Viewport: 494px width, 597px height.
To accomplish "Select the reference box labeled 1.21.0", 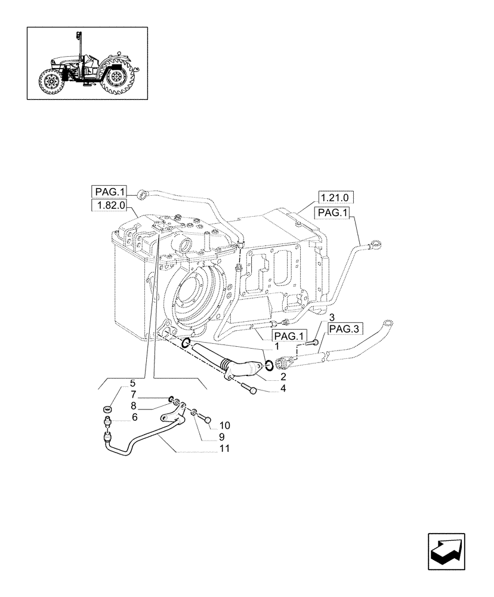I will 336,198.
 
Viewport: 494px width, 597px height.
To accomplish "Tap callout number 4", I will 283,389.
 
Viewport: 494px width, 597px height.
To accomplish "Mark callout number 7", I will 134,395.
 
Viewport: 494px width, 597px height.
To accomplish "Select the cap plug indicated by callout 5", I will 109,409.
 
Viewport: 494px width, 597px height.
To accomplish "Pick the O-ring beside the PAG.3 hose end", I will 268,365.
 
